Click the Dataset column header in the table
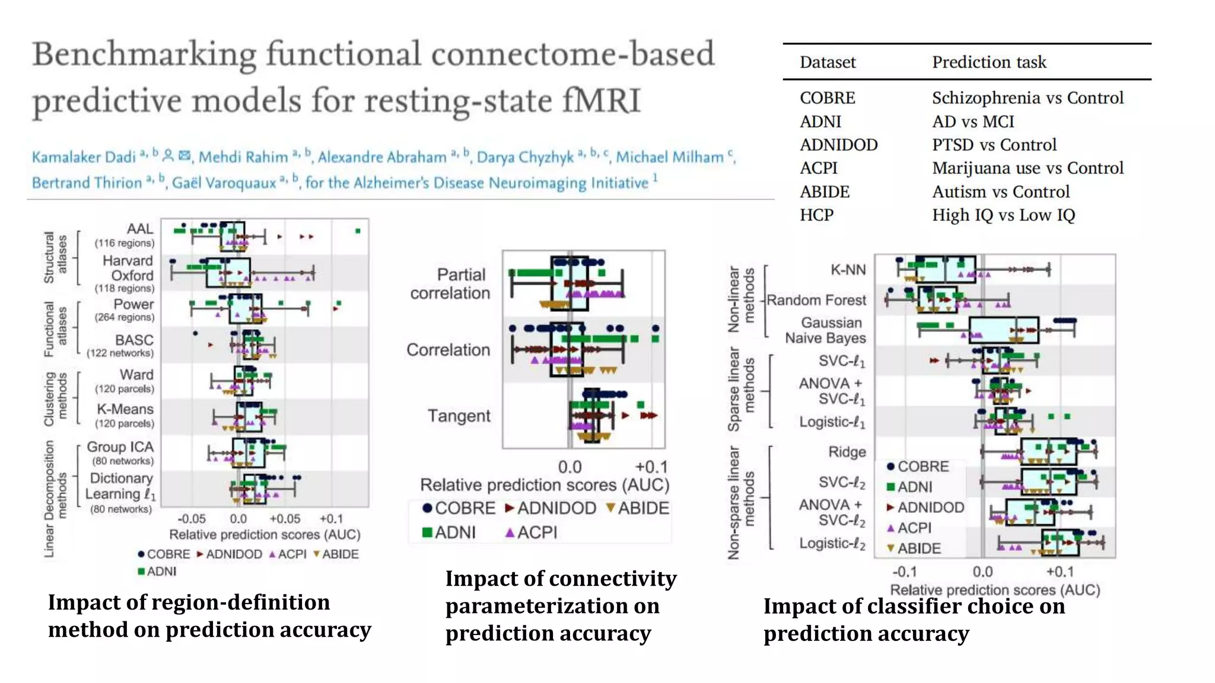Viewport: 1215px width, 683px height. [827, 62]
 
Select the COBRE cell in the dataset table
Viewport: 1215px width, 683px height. [827, 98]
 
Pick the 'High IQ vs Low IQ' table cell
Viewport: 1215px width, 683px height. [1003, 215]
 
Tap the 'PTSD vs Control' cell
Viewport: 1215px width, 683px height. [994, 145]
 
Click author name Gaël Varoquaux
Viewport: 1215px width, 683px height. [224, 183]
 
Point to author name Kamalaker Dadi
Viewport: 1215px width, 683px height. [84, 157]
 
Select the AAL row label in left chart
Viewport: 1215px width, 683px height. [140, 229]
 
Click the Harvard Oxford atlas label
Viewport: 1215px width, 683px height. [128, 268]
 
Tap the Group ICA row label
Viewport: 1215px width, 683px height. [120, 447]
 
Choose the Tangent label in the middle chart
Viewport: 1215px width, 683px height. [459, 416]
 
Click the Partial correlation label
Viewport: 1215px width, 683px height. [450, 283]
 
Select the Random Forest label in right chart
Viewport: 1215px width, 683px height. [816, 300]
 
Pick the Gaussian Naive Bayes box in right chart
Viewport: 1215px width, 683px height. [1003, 330]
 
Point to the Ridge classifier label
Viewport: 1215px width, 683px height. [847, 452]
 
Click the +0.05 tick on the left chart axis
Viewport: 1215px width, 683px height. [285, 519]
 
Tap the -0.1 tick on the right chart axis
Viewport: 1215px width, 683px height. [904, 572]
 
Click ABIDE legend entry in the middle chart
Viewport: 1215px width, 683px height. [638, 508]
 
